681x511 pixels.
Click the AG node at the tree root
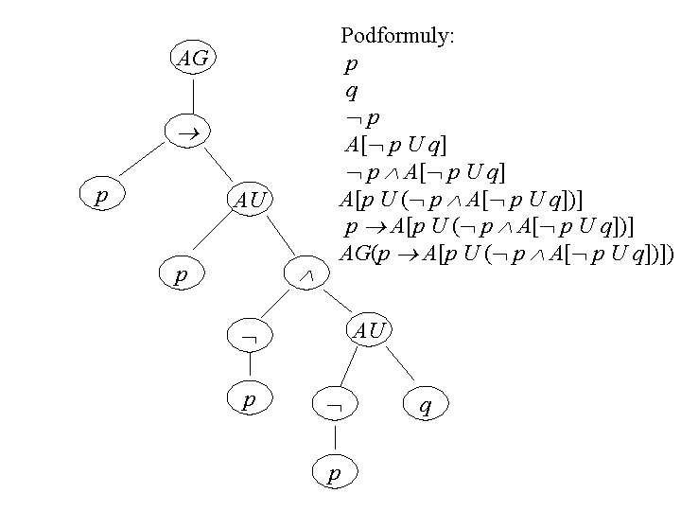(194, 59)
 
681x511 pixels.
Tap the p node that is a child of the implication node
(100, 196)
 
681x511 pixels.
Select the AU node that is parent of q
(368, 329)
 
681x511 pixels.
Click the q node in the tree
(427, 405)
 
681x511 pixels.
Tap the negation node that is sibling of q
(333, 405)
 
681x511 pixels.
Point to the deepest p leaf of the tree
(333, 472)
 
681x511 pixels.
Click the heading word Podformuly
(397, 37)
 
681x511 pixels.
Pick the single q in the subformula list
(351, 92)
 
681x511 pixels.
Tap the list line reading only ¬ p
(362, 118)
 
